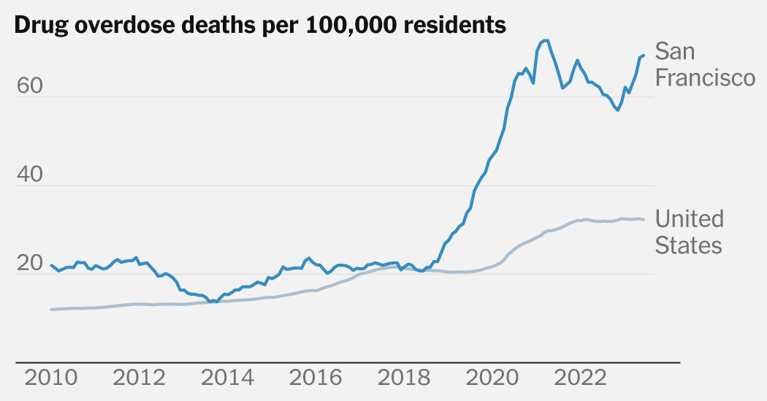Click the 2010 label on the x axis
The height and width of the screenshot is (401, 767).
[52, 379]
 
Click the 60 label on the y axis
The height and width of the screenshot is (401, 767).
[29, 86]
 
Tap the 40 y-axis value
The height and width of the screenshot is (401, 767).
[29, 175]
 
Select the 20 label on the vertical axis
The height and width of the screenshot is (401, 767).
[29, 264]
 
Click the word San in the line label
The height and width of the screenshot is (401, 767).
[675, 52]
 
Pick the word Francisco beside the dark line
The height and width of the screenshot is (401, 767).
[705, 77]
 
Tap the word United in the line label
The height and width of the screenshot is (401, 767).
[690, 218]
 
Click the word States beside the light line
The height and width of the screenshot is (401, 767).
[688, 245]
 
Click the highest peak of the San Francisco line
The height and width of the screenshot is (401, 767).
[545, 40]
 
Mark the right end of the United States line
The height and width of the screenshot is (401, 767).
[644, 220]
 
